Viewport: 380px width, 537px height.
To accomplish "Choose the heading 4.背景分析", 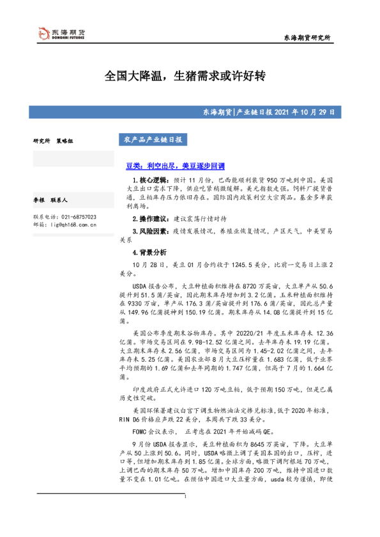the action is click(149, 253).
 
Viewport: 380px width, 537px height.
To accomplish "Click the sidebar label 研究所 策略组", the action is click(53, 140).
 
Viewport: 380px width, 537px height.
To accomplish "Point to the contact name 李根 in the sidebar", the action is click(39, 200).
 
